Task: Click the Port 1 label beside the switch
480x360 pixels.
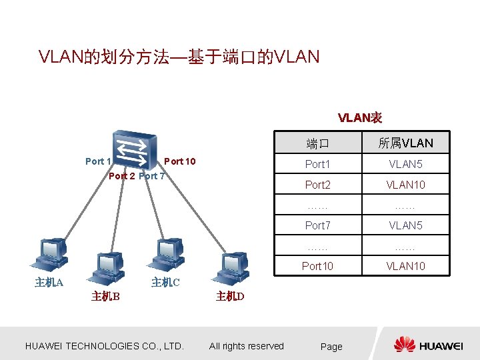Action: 98,161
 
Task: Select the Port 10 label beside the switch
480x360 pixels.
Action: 179,161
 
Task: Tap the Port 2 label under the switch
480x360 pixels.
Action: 121,176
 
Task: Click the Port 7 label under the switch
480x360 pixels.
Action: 152,176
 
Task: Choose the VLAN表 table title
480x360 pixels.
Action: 359,118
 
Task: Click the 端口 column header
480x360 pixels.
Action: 317,143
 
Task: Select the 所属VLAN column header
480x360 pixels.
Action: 405,143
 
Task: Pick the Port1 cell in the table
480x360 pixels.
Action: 317,164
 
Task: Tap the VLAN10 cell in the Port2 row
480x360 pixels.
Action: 405,185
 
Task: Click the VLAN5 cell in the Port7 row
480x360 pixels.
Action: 405,225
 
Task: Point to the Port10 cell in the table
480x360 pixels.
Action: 317,266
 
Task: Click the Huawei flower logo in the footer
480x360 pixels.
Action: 405,345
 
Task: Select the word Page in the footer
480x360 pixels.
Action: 331,347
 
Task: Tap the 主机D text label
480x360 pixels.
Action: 230,297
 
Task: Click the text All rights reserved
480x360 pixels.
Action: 246,346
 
